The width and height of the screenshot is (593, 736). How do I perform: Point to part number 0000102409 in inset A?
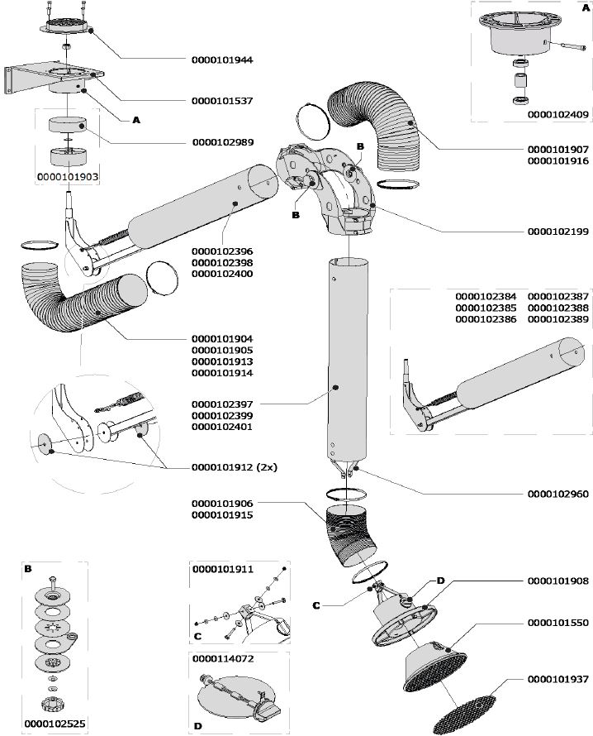tap(557, 116)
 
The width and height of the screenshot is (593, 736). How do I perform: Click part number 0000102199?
tap(557, 232)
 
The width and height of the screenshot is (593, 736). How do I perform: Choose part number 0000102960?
tap(557, 494)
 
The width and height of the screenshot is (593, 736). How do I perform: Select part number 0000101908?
tap(557, 581)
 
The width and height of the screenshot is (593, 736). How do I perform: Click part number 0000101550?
tap(557, 622)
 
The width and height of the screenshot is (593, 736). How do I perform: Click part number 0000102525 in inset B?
tap(55, 724)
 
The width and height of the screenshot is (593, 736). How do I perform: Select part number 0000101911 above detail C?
tap(222, 570)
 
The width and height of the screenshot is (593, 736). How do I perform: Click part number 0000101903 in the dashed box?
tap(69, 177)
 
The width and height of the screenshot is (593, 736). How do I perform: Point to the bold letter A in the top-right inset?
tap(586, 7)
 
